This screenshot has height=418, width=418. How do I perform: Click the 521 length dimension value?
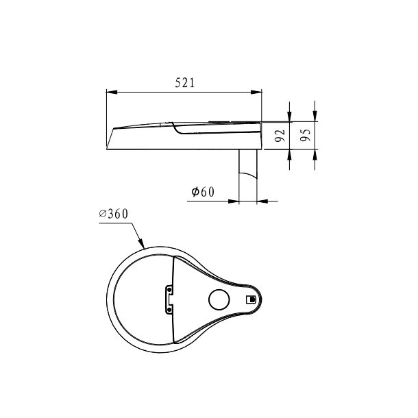(185, 83)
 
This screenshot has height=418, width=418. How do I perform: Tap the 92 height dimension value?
(279, 135)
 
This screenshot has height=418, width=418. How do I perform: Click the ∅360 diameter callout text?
(114, 214)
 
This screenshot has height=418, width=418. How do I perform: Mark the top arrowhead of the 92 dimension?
(290, 116)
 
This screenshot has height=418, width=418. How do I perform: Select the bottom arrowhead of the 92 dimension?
(290, 154)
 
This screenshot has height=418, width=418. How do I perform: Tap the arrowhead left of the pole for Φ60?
(234, 201)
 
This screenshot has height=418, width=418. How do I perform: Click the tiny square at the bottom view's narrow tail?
(251, 299)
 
